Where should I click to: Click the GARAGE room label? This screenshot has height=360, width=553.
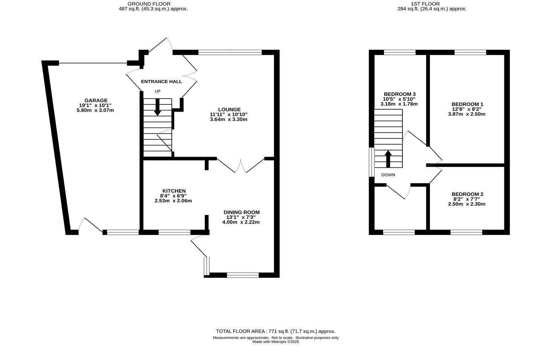pyautogui.click(x=96, y=100)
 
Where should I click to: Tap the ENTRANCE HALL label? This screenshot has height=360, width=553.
pyautogui.click(x=161, y=81)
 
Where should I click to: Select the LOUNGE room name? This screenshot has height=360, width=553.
pyautogui.click(x=230, y=109)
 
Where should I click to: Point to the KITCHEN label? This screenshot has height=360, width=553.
pyautogui.click(x=173, y=191)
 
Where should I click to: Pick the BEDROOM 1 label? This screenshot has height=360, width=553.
pyautogui.click(x=467, y=104)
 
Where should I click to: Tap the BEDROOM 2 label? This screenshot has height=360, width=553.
pyautogui.click(x=467, y=194)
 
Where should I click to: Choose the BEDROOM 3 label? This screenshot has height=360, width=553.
pyautogui.click(x=400, y=94)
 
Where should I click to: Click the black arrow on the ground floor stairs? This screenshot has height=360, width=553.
pyautogui.click(x=158, y=107)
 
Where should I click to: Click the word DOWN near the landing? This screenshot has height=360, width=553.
pyautogui.click(x=388, y=175)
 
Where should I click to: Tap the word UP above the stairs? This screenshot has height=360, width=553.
pyautogui.click(x=158, y=91)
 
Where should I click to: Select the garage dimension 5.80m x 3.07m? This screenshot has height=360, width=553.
pyautogui.click(x=95, y=110)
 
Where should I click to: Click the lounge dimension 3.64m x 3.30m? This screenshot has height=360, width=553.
pyautogui.click(x=229, y=119)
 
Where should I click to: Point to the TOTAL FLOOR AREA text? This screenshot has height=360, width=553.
pyautogui.click(x=275, y=331)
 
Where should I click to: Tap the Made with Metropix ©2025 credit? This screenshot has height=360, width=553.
pyautogui.click(x=275, y=342)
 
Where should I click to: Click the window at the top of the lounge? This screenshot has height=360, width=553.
pyautogui.click(x=230, y=52)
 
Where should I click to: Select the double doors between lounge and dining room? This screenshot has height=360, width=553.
pyautogui.click(x=241, y=165)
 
